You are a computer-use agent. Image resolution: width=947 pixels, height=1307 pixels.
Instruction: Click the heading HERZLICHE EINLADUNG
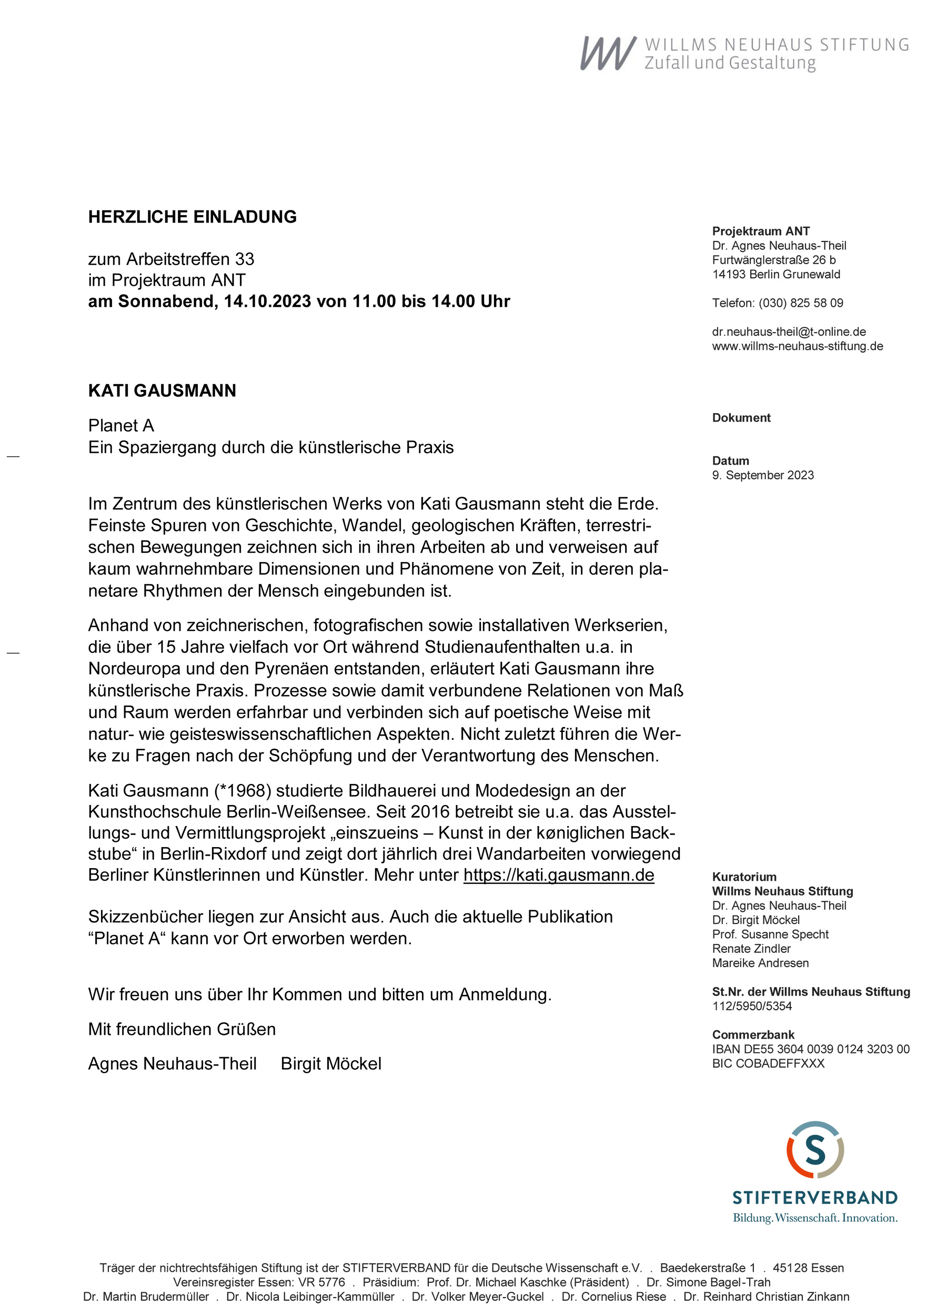point(192,217)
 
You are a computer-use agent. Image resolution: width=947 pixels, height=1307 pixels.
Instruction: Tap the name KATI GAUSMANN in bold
point(162,391)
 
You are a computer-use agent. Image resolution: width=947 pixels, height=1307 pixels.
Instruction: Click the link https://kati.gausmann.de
point(559,875)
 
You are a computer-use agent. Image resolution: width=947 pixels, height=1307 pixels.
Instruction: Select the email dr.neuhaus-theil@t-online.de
point(789,332)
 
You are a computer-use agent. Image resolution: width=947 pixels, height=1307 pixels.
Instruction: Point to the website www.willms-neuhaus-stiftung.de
point(797,346)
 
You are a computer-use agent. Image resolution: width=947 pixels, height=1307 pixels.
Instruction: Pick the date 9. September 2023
point(762,476)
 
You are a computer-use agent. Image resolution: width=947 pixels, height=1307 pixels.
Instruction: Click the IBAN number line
point(810,1049)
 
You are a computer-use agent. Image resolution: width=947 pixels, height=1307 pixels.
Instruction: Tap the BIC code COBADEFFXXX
point(768,1064)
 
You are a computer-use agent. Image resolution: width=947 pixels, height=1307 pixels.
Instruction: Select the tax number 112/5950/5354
point(752,1006)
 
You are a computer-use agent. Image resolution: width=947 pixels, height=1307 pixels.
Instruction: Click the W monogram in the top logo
point(608,54)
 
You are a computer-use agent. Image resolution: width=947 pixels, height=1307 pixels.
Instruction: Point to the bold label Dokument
point(741,418)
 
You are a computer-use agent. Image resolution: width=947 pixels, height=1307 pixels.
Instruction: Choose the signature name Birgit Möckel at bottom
point(331,1064)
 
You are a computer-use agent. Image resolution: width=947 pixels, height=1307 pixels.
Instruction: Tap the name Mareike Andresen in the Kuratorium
point(760,963)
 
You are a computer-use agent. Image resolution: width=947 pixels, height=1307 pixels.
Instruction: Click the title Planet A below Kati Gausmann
point(121,426)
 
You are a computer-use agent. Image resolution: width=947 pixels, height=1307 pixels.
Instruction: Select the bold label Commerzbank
point(753,1035)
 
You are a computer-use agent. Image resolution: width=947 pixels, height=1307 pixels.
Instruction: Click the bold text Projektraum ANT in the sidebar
point(760,231)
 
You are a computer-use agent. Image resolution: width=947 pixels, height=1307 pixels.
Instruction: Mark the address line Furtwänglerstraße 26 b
point(773,260)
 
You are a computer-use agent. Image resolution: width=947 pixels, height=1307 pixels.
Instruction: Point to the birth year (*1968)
point(243,791)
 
